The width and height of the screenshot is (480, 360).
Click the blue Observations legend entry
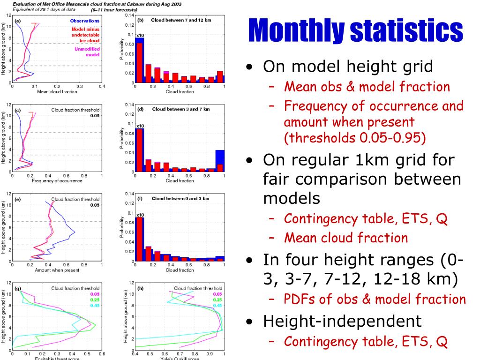(85, 21)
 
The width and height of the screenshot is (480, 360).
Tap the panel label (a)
(18, 21)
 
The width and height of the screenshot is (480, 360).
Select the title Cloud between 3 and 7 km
(181, 109)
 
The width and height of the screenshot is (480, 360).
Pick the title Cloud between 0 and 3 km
(180, 198)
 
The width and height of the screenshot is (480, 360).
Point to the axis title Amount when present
(57, 270)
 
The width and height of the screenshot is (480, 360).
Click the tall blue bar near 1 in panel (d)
(219, 159)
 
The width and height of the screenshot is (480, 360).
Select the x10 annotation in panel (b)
(139, 35)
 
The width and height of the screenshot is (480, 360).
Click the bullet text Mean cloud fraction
(346, 238)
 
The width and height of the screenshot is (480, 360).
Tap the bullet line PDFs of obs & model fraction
(375, 299)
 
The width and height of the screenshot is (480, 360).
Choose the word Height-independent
(342, 321)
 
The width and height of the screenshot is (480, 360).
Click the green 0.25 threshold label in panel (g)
(95, 300)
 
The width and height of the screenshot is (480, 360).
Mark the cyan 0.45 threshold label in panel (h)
(217, 306)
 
